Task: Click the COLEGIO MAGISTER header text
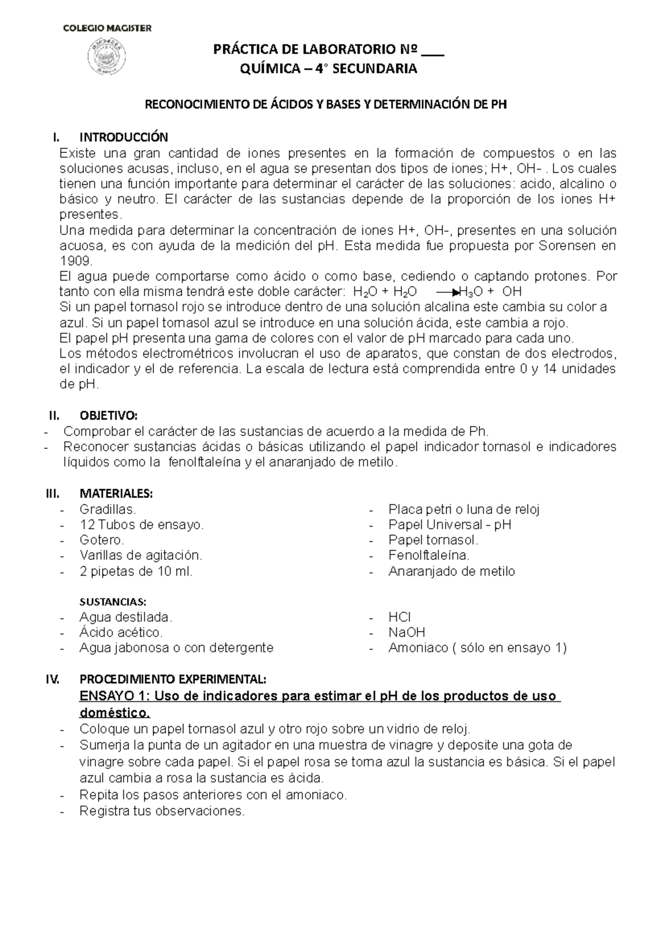[x=106, y=28]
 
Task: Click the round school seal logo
[x=106, y=58]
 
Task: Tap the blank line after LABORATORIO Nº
[x=433, y=53]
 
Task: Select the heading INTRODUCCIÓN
[x=124, y=137]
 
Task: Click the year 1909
[x=73, y=261]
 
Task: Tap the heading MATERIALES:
[x=116, y=493]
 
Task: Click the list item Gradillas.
[x=108, y=509]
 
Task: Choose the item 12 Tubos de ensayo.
[x=141, y=524]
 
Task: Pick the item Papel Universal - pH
[x=449, y=524]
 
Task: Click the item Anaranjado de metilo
[x=452, y=571]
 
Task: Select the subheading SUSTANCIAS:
[x=113, y=601]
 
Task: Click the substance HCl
[x=399, y=617]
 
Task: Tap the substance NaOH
[x=407, y=632]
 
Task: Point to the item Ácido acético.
[x=121, y=632]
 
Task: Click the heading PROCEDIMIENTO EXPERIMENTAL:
[x=173, y=679]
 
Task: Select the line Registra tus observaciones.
[x=162, y=811]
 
